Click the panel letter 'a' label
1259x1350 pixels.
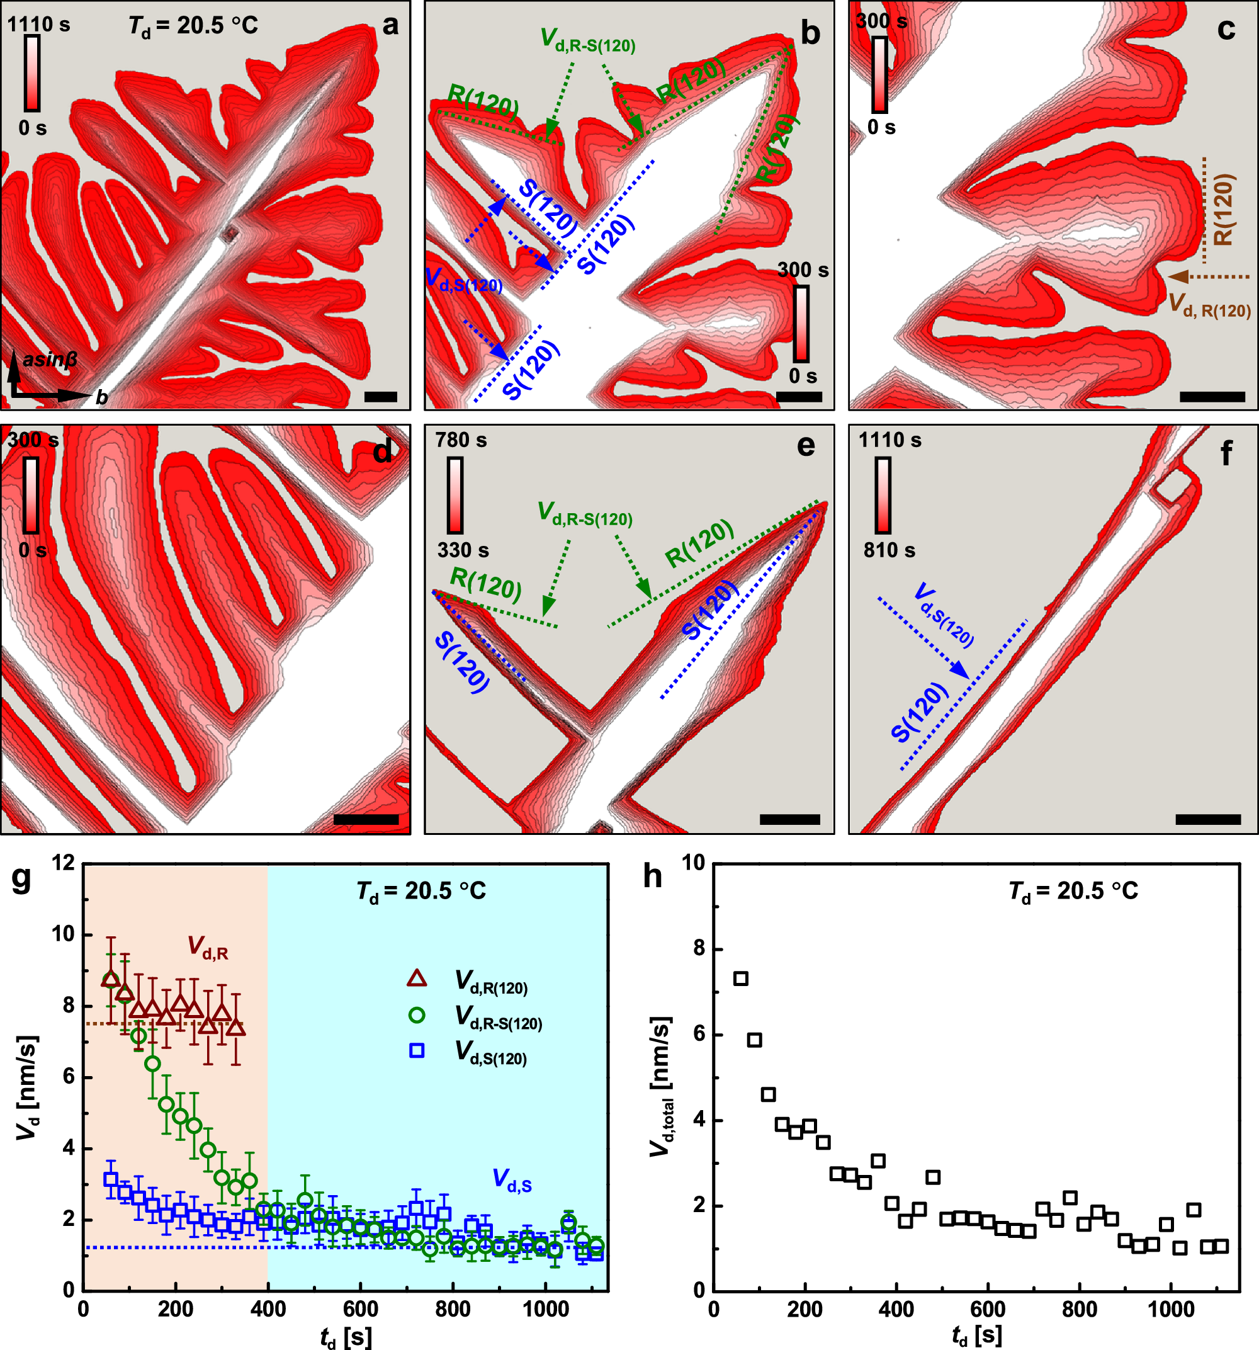(x=390, y=26)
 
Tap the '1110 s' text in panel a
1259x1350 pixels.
(x=38, y=25)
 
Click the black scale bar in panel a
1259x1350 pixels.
(x=380, y=397)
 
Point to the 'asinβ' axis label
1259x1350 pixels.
(x=50, y=360)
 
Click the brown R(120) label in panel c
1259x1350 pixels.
(x=1222, y=210)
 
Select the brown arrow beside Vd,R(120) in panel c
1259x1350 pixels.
(x=1208, y=276)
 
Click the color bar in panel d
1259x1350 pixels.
(x=31, y=495)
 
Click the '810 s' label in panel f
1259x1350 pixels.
(x=889, y=550)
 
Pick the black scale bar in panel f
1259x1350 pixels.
(x=1207, y=820)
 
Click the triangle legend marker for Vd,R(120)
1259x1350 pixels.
(x=416, y=978)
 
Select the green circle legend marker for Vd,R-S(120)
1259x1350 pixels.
(x=416, y=1014)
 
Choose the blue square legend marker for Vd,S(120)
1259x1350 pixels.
(x=416, y=1050)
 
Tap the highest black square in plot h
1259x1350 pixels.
(x=740, y=978)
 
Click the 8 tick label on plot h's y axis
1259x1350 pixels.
(x=698, y=948)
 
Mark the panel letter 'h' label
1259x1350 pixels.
(x=652, y=876)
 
